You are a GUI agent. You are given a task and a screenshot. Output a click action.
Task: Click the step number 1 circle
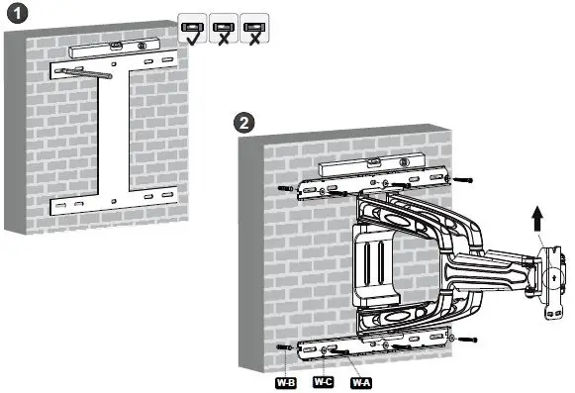15,14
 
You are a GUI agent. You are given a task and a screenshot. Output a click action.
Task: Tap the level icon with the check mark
192,29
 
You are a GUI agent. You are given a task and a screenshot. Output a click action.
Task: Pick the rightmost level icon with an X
255,29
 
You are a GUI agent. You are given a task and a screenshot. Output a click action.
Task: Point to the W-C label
324,379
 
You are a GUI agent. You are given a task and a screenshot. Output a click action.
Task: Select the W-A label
361,379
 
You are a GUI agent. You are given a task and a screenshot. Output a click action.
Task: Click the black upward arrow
538,218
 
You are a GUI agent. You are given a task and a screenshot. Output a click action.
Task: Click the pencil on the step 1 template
85,71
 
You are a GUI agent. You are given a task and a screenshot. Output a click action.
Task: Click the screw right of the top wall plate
465,182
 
